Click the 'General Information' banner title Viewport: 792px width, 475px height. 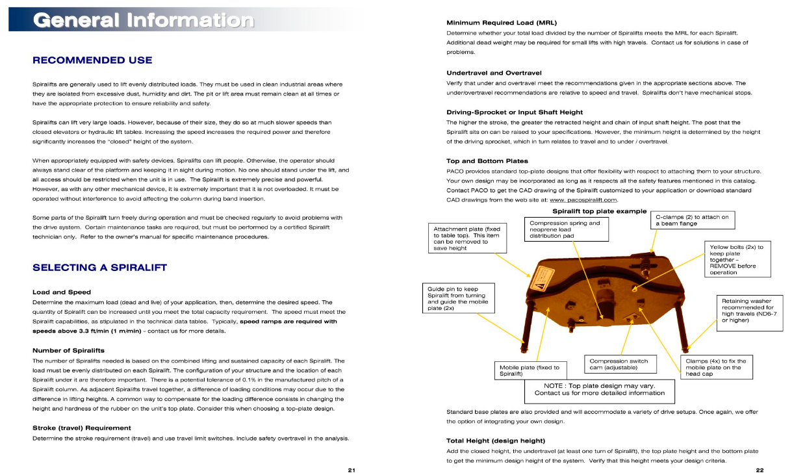pyautogui.click(x=144, y=19)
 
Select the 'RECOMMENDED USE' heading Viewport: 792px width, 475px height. pyautogui.click(x=92, y=60)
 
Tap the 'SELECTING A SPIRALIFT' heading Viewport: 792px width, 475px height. pyautogui.click(x=99, y=267)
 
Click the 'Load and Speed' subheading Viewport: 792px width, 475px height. pyautogui.click(x=61, y=292)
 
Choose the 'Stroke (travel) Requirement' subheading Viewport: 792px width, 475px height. pyautogui.click(x=82, y=428)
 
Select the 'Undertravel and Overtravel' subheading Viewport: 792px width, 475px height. pyautogui.click(x=494, y=73)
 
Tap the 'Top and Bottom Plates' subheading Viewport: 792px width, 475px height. pyautogui.click(x=487, y=160)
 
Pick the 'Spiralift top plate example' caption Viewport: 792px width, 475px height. pyautogui.click(x=599, y=211)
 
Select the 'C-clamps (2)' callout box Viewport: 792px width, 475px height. pyautogui.click(x=693, y=220)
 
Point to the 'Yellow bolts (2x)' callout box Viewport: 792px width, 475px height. pyautogui.click(x=737, y=259)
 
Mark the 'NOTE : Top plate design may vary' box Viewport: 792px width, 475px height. pyautogui.click(x=599, y=389)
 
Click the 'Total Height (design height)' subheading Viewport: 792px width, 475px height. pyautogui.click(x=495, y=440)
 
